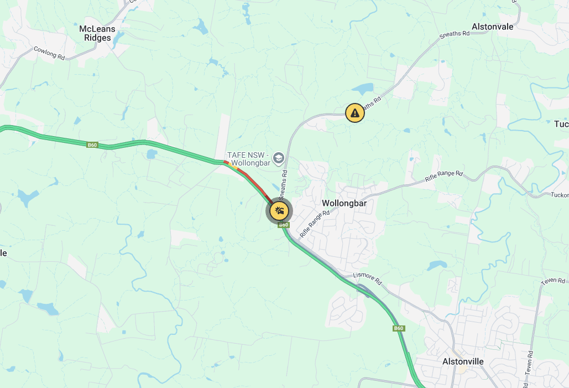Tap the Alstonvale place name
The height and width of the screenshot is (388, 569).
(x=492, y=27)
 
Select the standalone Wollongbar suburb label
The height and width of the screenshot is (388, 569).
(x=344, y=203)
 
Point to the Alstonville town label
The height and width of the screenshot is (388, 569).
(x=463, y=361)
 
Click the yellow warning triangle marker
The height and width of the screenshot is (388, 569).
(x=354, y=113)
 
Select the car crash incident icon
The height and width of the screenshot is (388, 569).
(x=279, y=211)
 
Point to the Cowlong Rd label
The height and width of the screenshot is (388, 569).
(x=49, y=53)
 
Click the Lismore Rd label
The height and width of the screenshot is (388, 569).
(x=368, y=278)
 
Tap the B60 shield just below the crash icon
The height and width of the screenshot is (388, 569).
(x=284, y=225)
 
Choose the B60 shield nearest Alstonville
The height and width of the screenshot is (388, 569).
(x=399, y=328)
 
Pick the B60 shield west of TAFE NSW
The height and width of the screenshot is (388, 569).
(x=92, y=145)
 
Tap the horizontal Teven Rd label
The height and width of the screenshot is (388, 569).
(x=553, y=281)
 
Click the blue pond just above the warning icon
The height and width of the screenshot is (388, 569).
(x=362, y=89)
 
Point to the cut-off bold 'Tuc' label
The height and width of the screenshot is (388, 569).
(x=561, y=124)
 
